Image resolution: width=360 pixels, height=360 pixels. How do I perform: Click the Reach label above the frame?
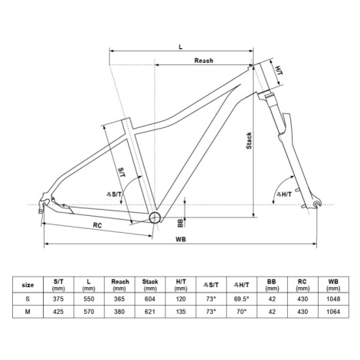[x=204, y=61]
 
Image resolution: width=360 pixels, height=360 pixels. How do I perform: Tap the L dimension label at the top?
[x=181, y=47]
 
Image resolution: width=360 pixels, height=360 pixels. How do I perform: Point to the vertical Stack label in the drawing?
[x=249, y=140]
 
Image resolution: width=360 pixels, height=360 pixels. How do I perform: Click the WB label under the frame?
[x=181, y=239]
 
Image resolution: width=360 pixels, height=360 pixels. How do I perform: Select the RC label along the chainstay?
[x=97, y=225]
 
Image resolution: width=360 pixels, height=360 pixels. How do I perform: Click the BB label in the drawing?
[x=181, y=223]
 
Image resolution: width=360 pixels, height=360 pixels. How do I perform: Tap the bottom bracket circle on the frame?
[x=155, y=218]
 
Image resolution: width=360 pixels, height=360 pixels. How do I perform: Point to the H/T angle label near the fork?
[x=284, y=195]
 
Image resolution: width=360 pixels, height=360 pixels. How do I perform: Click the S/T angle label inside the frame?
[x=114, y=195]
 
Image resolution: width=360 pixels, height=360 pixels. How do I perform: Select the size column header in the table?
[x=28, y=285]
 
